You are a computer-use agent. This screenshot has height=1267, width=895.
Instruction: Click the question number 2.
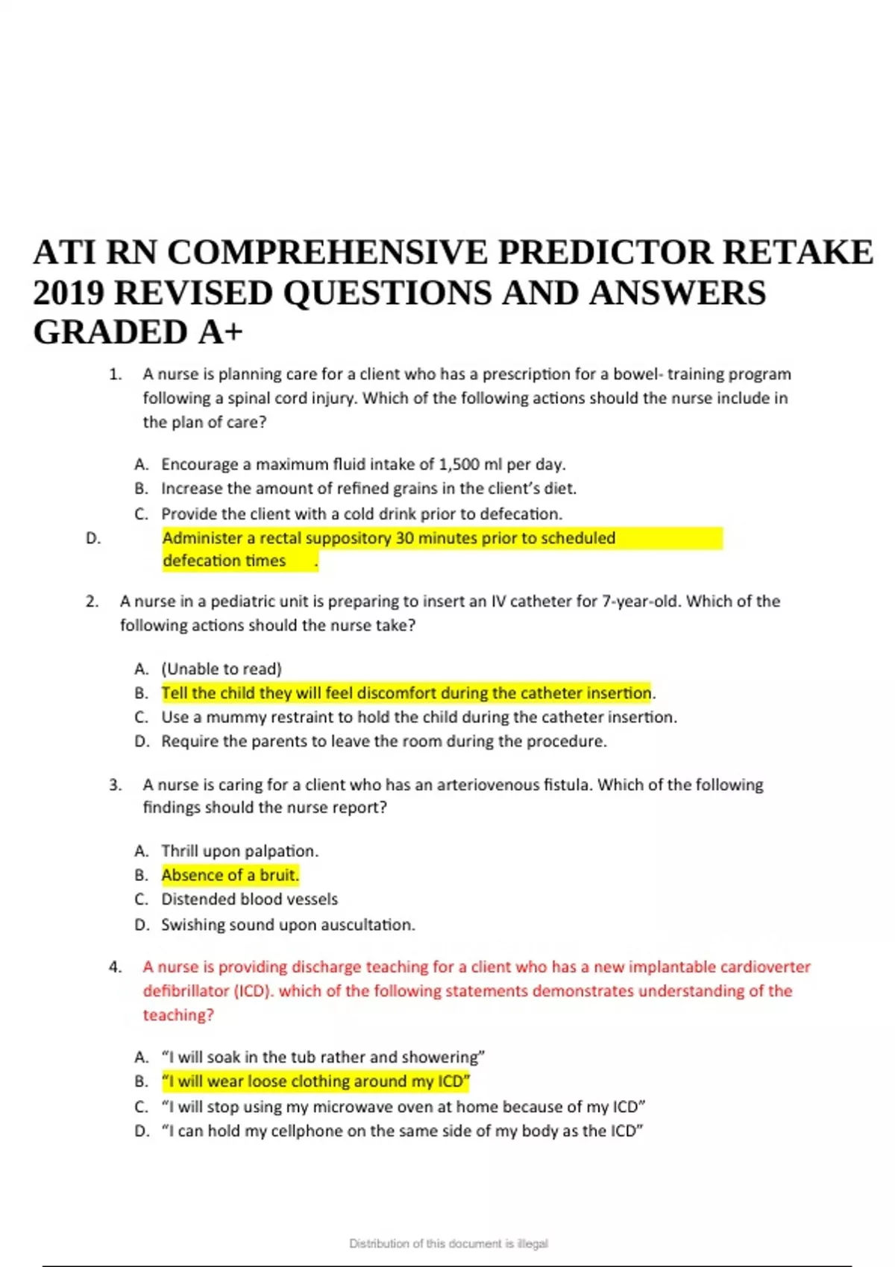coord(92,601)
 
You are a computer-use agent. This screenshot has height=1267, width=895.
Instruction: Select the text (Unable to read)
coord(222,669)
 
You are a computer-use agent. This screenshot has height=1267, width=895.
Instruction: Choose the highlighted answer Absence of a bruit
coord(230,875)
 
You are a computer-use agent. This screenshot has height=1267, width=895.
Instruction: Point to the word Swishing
coord(191,925)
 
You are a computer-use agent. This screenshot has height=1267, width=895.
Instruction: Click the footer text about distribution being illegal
coord(448,1243)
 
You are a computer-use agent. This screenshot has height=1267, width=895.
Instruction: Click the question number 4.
coord(115,967)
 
